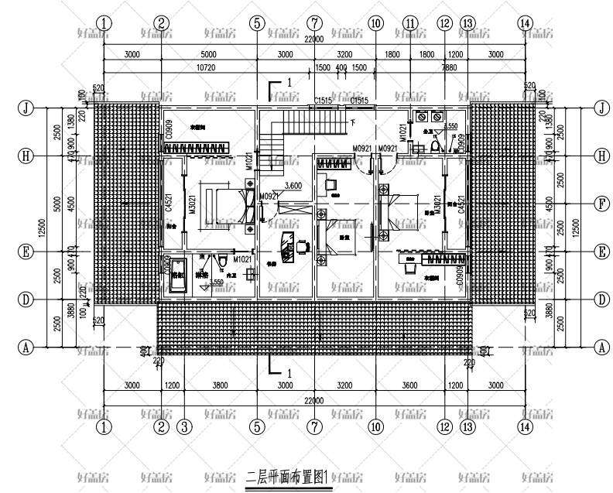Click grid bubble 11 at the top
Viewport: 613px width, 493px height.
point(409,23)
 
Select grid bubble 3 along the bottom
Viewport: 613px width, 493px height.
point(184,426)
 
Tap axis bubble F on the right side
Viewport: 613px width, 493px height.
point(601,204)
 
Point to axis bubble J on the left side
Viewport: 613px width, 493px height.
point(26,108)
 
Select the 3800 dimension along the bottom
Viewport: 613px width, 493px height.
point(220,384)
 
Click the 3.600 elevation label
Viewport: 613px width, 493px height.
point(293,186)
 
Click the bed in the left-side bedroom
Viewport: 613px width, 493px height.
point(224,204)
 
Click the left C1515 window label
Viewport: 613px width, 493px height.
point(322,101)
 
